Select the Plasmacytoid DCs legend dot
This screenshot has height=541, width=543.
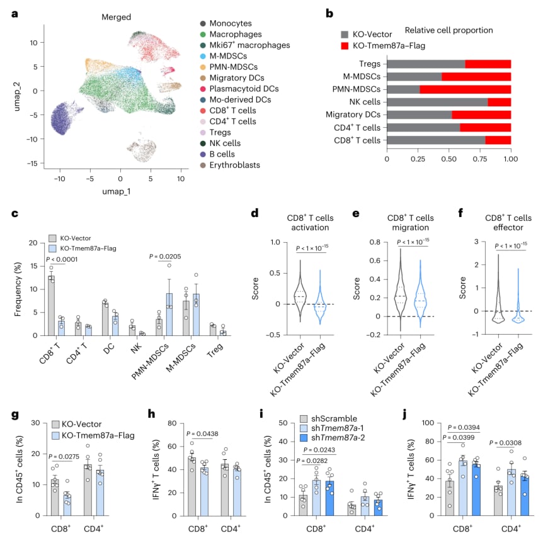click(203, 89)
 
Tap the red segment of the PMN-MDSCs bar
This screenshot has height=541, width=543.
click(466, 89)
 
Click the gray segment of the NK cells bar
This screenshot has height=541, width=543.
click(437, 102)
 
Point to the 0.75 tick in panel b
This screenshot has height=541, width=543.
click(480, 159)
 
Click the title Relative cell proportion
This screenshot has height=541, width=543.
click(449, 30)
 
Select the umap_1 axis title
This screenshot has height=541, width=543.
click(117, 191)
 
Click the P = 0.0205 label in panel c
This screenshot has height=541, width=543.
click(165, 256)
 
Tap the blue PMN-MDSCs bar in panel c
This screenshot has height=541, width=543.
click(169, 315)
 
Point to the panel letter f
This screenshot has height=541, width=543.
click(460, 213)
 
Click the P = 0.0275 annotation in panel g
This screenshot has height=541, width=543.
click(64, 457)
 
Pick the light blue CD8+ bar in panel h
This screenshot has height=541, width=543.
click(204, 491)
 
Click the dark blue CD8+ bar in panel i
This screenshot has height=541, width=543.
click(329, 498)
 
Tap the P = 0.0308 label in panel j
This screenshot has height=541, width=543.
click(505, 443)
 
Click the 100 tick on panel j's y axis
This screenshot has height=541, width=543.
click(428, 423)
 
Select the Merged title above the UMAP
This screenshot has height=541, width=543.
click(117, 17)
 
